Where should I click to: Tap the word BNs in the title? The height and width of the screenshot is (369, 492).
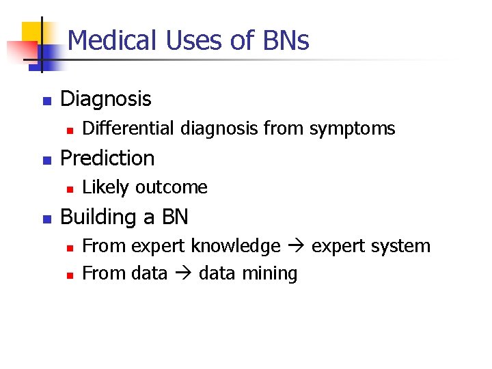[x=285, y=41]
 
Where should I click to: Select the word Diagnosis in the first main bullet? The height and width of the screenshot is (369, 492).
[x=106, y=99]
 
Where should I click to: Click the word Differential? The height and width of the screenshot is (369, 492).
[x=124, y=128]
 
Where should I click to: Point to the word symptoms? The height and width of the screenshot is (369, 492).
[x=353, y=128]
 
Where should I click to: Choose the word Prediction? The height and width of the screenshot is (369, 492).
[x=108, y=158]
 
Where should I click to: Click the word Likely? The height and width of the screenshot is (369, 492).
[x=106, y=187]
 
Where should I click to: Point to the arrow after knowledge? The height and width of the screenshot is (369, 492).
[x=295, y=247]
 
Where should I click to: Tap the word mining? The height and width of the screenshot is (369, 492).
[x=273, y=274]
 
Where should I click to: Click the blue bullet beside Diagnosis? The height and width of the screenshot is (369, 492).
[x=46, y=100]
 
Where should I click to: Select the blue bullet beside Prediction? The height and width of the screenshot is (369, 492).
[x=46, y=160]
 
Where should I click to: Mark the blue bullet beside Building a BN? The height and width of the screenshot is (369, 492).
[x=46, y=219]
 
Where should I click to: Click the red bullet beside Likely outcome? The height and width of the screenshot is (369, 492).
[x=68, y=188]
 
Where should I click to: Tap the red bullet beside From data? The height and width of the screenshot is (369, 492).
[x=68, y=275]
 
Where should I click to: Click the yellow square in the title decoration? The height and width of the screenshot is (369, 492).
[x=34, y=34]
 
